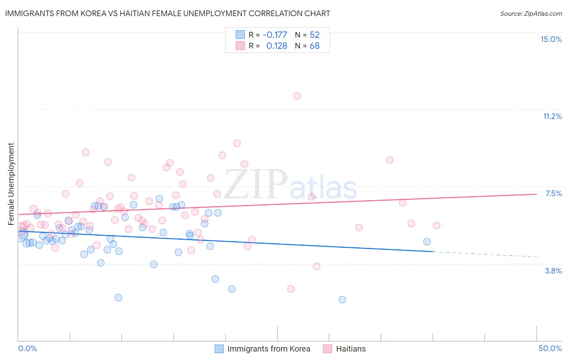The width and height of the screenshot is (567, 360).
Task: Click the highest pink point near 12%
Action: click(x=297, y=96)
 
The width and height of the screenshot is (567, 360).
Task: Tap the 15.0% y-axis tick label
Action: click(x=551, y=39)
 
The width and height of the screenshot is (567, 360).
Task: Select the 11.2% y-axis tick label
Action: click(x=552, y=116)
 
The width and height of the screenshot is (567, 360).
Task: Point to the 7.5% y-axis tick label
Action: click(x=553, y=193)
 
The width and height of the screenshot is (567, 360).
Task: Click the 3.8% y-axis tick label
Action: click(x=553, y=271)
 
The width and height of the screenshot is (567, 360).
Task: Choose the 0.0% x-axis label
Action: click(x=27, y=348)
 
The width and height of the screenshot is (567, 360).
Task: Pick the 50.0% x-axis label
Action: click(x=550, y=348)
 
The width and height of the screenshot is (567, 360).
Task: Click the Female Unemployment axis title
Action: click(x=11, y=184)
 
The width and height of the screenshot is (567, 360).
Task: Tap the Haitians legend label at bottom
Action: click(x=351, y=349)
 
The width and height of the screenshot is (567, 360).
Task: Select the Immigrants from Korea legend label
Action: click(x=269, y=349)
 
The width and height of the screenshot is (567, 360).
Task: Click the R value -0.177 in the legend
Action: click(x=275, y=35)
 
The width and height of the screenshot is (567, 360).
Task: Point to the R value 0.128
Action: click(x=277, y=46)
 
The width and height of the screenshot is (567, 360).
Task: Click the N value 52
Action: click(x=315, y=35)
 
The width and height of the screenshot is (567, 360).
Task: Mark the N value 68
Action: click(x=315, y=46)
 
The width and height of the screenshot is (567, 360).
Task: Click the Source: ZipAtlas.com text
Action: click(x=531, y=14)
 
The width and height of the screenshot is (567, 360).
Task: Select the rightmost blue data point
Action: click(x=427, y=241)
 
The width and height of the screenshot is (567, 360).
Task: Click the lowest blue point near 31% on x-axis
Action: click(x=342, y=299)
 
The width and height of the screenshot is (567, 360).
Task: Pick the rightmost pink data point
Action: click(x=436, y=226)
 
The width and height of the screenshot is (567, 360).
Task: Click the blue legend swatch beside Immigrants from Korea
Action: click(x=219, y=349)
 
